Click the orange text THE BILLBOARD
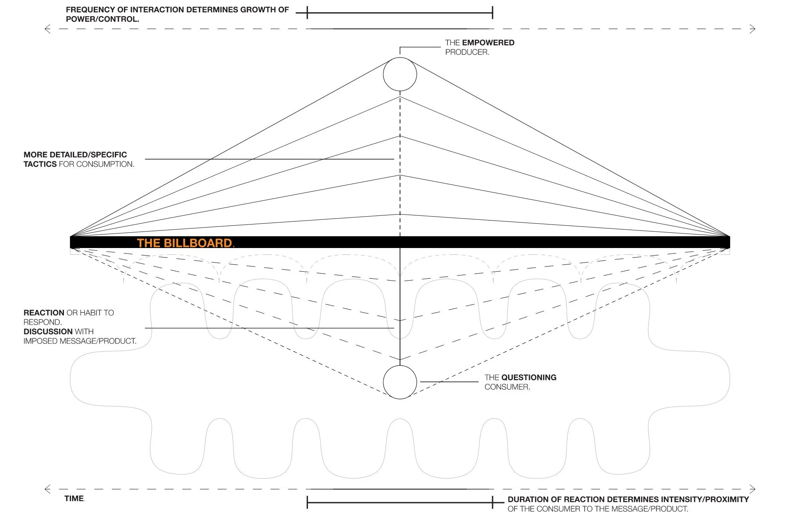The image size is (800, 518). [x=185, y=243]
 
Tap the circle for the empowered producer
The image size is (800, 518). [x=400, y=58]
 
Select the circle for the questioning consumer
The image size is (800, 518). [x=400, y=366]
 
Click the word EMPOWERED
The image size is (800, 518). [x=488, y=43]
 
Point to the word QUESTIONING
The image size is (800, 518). [x=529, y=378]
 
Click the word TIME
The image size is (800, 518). [x=74, y=498]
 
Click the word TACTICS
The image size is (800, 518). [x=40, y=164]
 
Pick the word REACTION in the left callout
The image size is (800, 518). [x=44, y=313]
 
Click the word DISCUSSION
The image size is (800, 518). [x=48, y=332]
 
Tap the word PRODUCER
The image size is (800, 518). [x=467, y=52]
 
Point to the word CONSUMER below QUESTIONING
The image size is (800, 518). [x=507, y=387]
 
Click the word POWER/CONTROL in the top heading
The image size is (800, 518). [x=102, y=19]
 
